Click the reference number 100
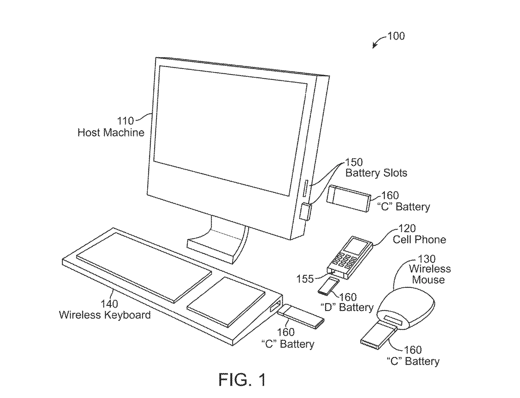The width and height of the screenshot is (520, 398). coord(396,36)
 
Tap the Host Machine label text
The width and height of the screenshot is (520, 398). coord(111,133)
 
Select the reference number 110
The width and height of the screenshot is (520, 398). coord(125,121)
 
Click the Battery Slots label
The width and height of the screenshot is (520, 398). coord(376,173)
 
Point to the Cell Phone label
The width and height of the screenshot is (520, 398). coord(419,239)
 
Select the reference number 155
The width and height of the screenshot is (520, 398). coord(305,279)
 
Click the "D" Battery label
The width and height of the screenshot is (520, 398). coord(347,307)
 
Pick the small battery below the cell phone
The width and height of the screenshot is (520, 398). coord(328,286)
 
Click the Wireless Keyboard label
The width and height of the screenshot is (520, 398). coord(105,315)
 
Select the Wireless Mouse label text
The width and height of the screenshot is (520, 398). coord(430,274)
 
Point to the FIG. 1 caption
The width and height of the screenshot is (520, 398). coord(242,380)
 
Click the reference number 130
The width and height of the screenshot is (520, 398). coord(427,259)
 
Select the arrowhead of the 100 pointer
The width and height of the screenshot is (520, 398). coord(374,47)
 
